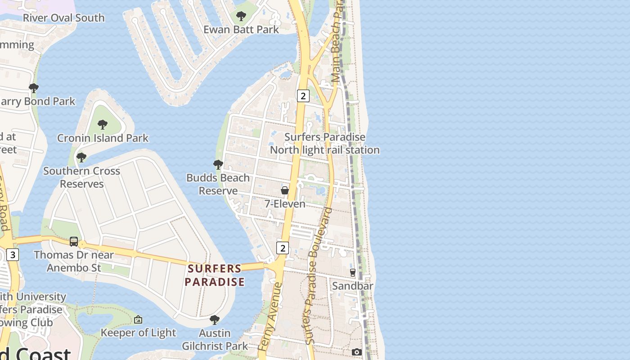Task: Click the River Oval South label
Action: click(63, 18)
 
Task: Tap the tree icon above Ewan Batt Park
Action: click(241, 16)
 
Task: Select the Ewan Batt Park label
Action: click(241, 30)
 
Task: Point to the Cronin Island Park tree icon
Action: click(103, 125)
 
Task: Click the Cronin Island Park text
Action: click(103, 138)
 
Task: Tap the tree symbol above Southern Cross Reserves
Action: click(81, 157)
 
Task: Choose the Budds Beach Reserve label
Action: click(218, 184)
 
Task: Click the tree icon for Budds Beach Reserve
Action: click(218, 165)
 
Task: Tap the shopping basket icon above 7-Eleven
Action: click(285, 190)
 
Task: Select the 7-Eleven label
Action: click(285, 204)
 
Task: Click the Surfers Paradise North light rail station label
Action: click(324, 144)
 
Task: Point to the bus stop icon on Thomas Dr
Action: click(74, 242)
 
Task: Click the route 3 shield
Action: click(13, 255)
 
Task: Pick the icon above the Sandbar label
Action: click(353, 272)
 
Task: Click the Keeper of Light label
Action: click(138, 333)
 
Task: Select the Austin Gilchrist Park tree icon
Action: click(215, 320)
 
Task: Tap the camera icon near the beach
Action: click(357, 352)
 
